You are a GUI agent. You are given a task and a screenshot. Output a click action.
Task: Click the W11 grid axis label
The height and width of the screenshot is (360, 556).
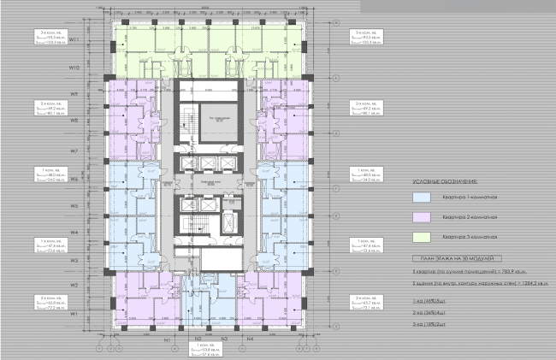pyautogui.click(x=75, y=39)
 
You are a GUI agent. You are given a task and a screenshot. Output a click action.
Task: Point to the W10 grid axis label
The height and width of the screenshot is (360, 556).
pyautogui.click(x=75, y=67)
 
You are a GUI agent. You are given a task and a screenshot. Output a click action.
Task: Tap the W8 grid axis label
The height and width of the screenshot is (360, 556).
pyautogui.click(x=75, y=121)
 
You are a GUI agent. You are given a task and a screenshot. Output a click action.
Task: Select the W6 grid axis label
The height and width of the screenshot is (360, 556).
pyautogui.click(x=75, y=180)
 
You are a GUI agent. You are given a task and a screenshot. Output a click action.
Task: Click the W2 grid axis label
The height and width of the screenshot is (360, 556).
pyautogui.click(x=75, y=285)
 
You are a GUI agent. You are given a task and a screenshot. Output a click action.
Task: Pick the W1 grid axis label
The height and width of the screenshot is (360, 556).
pyautogui.click(x=75, y=314)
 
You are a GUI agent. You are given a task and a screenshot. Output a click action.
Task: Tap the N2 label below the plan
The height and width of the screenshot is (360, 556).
pyautogui.click(x=198, y=339)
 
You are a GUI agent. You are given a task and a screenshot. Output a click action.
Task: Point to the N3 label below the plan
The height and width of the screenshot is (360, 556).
pyautogui.click(x=224, y=339)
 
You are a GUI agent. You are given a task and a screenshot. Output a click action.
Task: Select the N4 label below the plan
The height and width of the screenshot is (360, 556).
pyautogui.click(x=251, y=339)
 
